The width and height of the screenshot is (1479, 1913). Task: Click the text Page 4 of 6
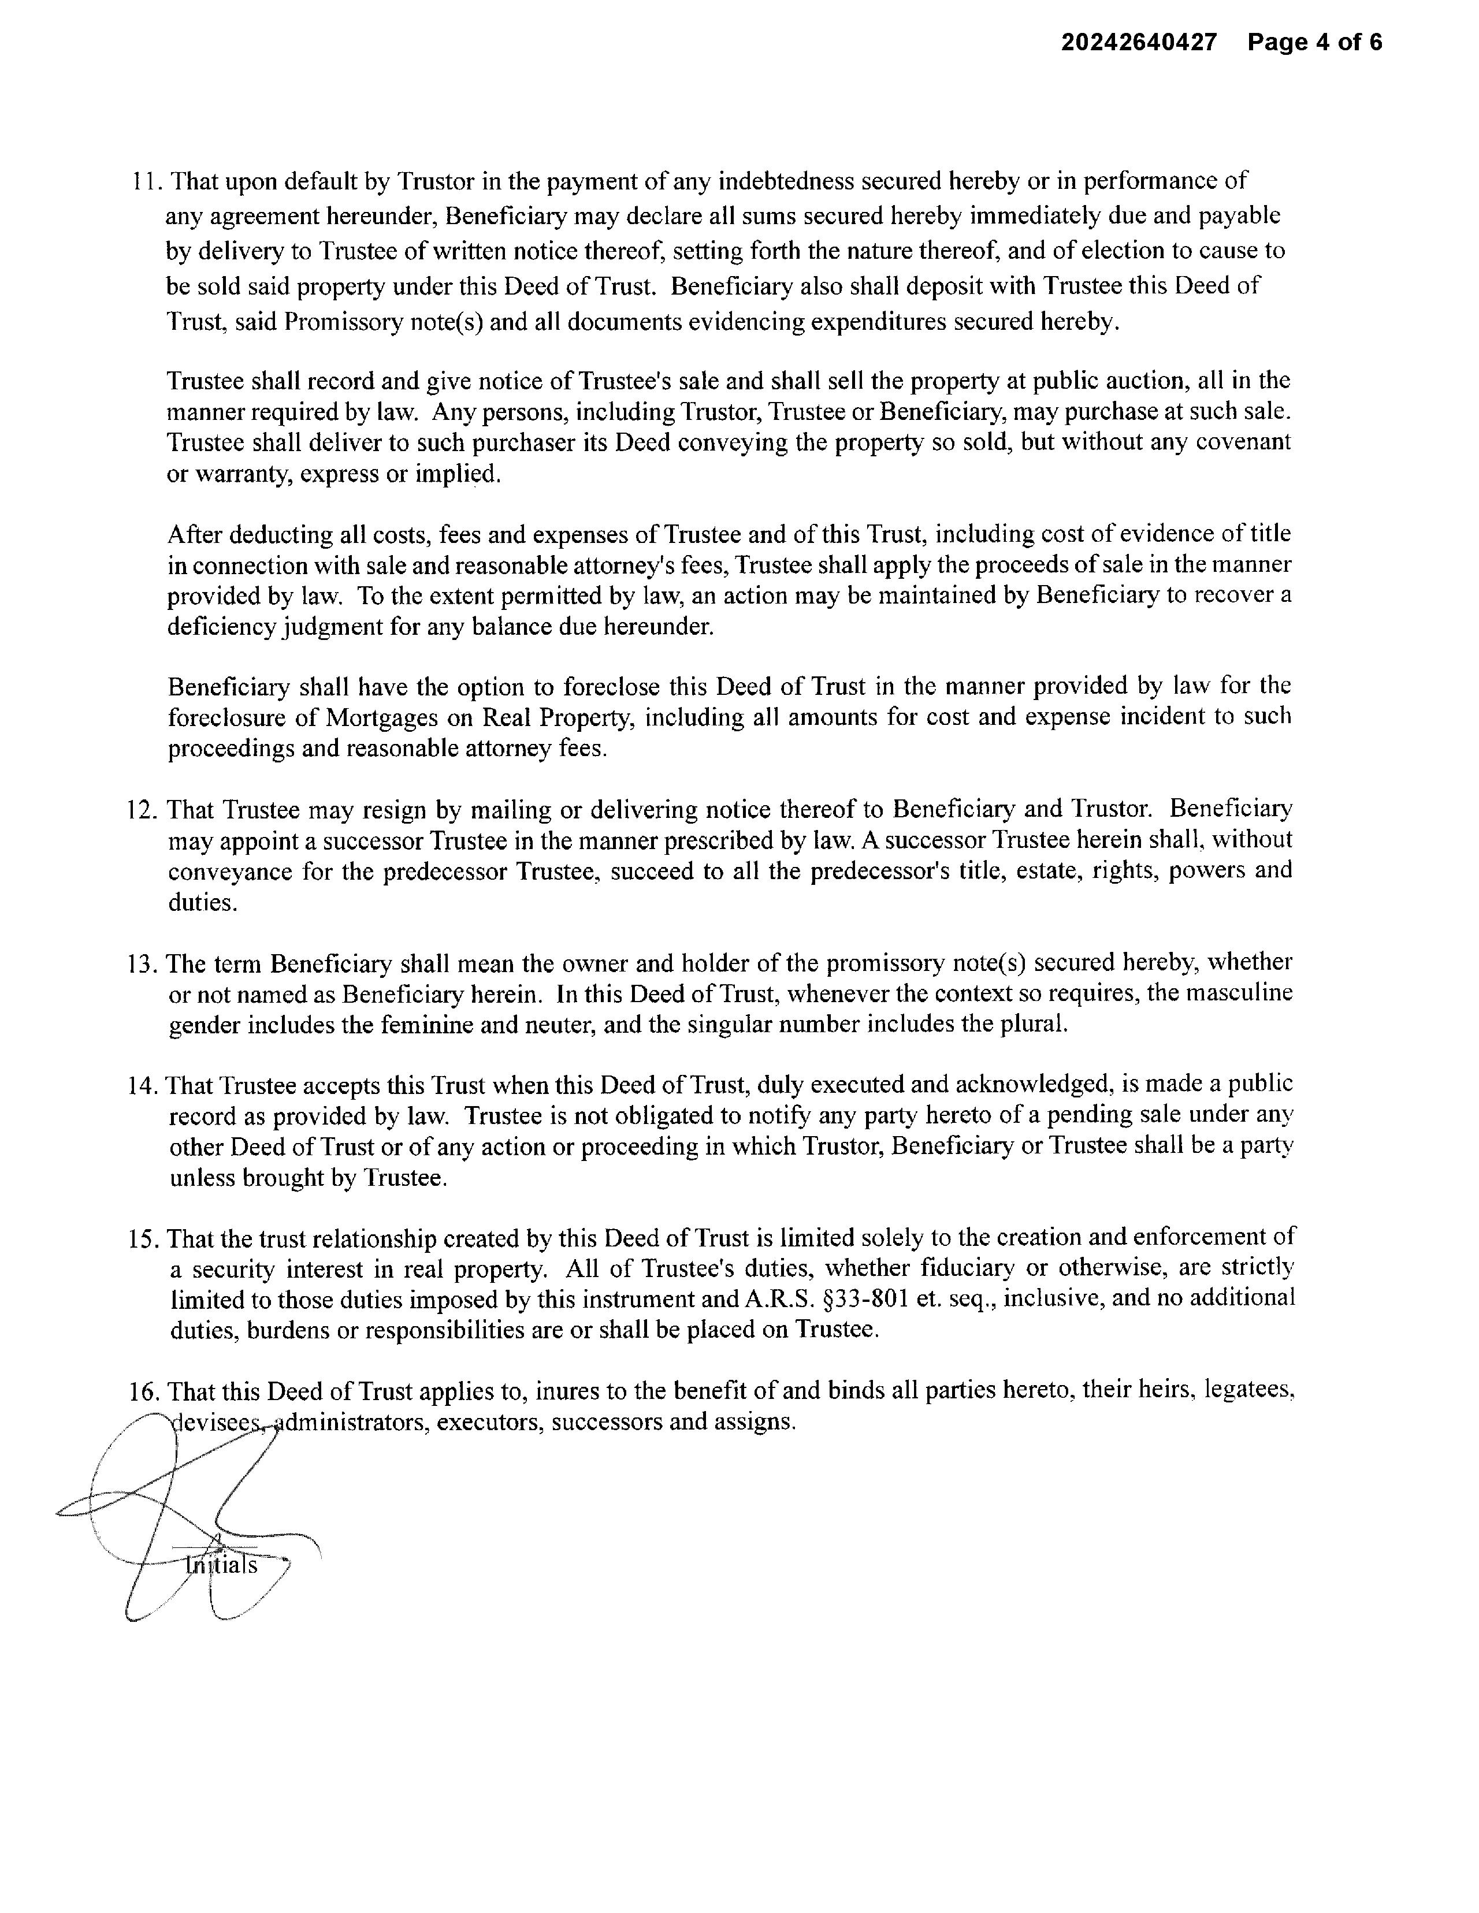(1314, 42)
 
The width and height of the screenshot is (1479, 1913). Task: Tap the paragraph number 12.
(143, 809)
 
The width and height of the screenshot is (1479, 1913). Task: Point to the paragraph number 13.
(143, 963)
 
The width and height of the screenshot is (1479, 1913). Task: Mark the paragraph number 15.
(143, 1238)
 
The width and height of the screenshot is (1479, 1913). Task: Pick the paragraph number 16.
(143, 1391)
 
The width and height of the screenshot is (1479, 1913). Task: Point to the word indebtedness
(786, 181)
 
